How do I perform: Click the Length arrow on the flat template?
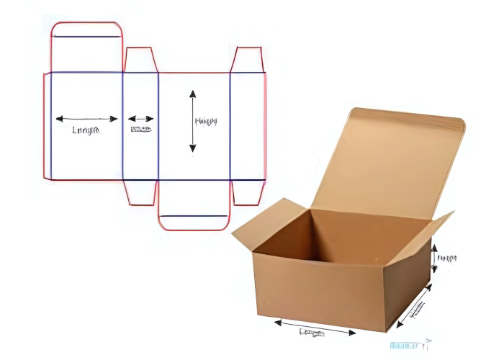(86, 119)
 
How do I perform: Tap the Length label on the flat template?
(86, 130)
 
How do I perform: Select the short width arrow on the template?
(141, 119)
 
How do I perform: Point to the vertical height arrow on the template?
(192, 121)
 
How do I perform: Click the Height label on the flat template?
(206, 121)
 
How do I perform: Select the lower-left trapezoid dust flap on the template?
(141, 192)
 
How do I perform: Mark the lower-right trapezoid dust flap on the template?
(248, 192)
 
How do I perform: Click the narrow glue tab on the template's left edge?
(47, 126)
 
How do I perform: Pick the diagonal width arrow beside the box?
(413, 306)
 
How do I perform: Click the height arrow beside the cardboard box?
(435, 258)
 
